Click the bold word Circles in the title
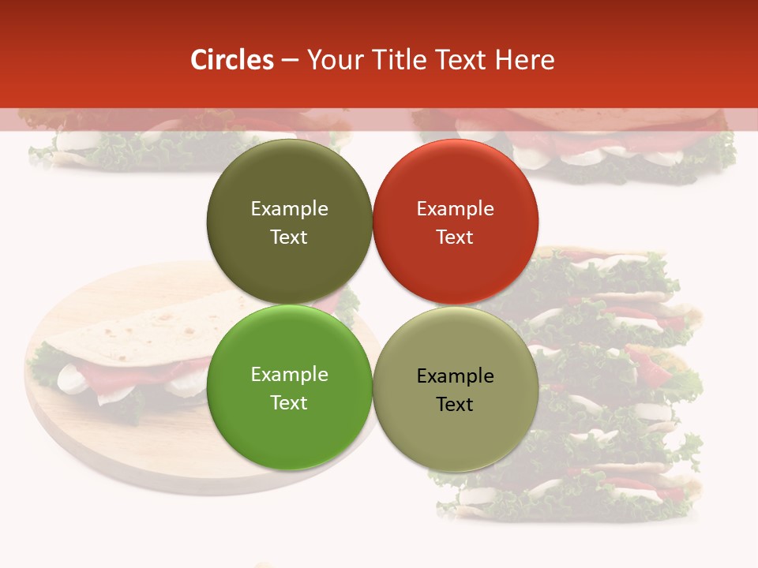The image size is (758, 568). point(231,60)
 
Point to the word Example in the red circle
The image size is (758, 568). point(456,209)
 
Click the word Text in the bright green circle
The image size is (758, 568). point(289,402)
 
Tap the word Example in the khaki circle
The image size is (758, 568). point(456,376)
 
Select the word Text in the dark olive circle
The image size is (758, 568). point(289,237)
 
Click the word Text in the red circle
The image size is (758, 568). point(456,237)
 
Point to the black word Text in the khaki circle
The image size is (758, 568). point(456,405)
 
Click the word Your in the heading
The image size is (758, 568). point(333,60)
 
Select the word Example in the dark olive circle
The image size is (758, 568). point(289,209)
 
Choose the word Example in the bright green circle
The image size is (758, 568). point(289,375)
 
